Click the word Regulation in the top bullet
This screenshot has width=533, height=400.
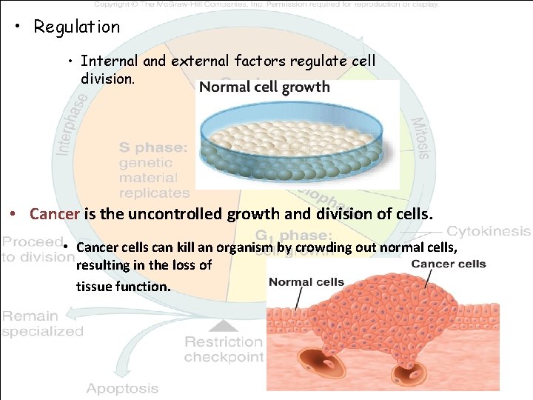click(76, 27)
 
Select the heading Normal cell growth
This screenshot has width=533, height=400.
click(264, 87)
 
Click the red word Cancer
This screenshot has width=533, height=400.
click(54, 214)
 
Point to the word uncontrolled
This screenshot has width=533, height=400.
click(161, 214)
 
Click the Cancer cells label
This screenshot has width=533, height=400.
click(448, 264)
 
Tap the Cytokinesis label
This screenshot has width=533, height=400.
click(489, 231)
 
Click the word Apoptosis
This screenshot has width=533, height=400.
click(122, 388)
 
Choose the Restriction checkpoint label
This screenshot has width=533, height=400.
click(224, 349)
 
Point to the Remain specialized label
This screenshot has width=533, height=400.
click(42, 324)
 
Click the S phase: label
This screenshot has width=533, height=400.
click(153, 147)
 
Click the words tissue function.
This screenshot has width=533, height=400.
click(123, 284)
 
